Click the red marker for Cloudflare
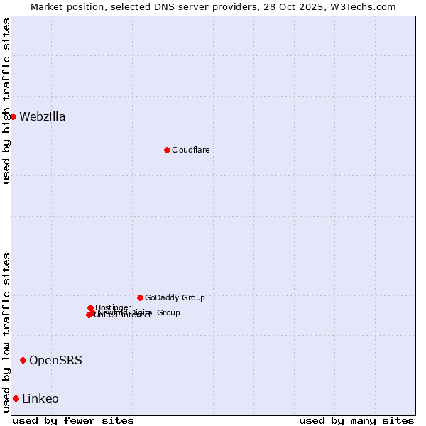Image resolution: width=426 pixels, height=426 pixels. (167, 150)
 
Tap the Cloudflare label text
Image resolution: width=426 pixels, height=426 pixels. (190, 150)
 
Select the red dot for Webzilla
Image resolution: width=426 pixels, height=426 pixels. (13, 116)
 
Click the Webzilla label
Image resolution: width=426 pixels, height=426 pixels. (43, 117)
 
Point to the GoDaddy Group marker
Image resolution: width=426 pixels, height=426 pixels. (140, 297)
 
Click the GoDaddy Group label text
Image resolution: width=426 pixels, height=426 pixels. (175, 297)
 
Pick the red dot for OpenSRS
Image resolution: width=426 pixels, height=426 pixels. (23, 360)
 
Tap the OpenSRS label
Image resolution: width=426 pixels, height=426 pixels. (55, 361)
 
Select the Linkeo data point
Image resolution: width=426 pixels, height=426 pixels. (16, 398)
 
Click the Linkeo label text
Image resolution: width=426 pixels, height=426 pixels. (40, 399)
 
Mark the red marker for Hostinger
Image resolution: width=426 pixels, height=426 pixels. (90, 307)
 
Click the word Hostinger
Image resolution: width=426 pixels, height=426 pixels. (114, 307)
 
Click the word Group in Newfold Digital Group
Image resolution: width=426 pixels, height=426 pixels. (168, 312)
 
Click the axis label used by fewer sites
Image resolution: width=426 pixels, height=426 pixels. (73, 420)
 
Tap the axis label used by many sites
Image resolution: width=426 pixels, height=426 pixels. (356, 420)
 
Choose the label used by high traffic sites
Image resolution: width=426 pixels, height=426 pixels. (6, 101)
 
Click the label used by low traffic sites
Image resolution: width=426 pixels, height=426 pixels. (6, 332)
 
